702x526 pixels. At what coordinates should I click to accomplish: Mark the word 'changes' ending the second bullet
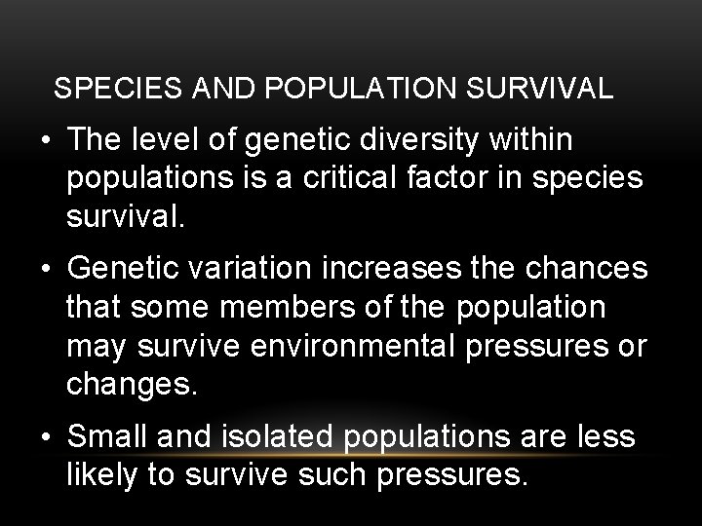pyautogui.click(x=132, y=382)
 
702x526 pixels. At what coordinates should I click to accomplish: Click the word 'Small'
pyautogui.click(x=105, y=437)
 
